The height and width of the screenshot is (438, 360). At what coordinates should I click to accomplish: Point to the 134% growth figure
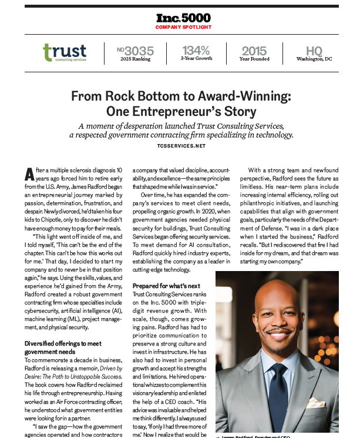click(196, 51)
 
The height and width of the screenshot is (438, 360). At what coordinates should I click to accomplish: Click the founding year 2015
click(253, 51)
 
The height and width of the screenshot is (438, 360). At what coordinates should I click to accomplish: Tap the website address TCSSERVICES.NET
click(180, 145)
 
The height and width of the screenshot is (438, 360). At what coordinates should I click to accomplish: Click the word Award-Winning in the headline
click(247, 96)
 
